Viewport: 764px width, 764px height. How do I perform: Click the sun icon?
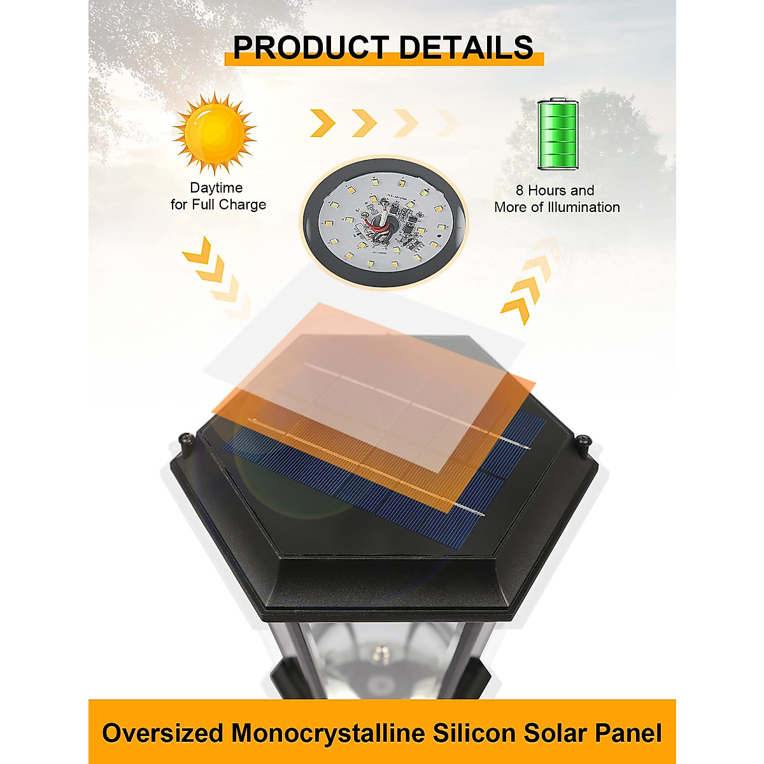click(215, 134)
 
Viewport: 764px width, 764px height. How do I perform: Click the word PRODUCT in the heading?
click(310, 48)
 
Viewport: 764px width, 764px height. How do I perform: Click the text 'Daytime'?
click(216, 188)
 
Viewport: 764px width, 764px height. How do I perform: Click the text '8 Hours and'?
click(555, 190)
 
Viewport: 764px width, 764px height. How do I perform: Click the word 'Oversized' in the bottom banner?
click(162, 733)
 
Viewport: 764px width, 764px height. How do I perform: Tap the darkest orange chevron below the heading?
click(323, 123)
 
